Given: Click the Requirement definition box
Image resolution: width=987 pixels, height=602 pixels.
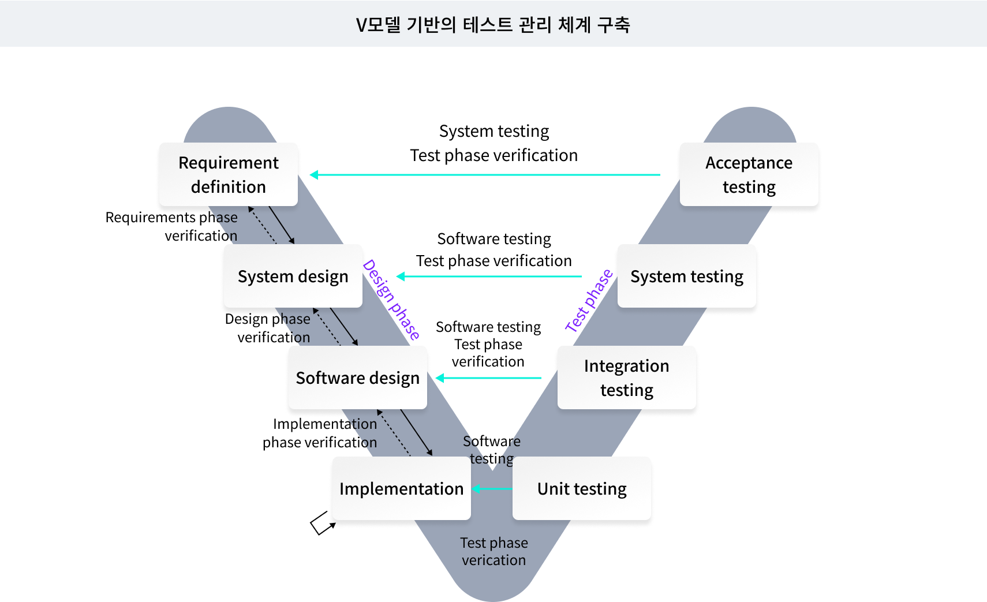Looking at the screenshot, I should pyautogui.click(x=229, y=174).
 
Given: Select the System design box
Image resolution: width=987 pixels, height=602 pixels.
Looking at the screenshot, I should pyautogui.click(x=293, y=276).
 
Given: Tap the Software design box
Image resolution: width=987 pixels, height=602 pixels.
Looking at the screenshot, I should pyautogui.click(x=358, y=377).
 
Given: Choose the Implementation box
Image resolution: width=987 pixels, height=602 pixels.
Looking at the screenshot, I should pyautogui.click(x=402, y=488).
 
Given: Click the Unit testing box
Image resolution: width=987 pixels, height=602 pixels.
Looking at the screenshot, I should pyautogui.click(x=582, y=488).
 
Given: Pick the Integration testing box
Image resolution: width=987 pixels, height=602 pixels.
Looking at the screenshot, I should pyautogui.click(x=627, y=377).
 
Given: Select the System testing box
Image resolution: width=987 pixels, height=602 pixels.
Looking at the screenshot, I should pyautogui.click(x=687, y=276).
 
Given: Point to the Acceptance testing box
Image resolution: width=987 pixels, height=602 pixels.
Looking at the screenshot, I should pyautogui.click(x=749, y=174).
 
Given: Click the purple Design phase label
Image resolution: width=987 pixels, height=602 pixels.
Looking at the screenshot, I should pyautogui.click(x=392, y=300).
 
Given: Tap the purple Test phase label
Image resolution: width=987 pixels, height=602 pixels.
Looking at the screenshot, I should pyautogui.click(x=589, y=301).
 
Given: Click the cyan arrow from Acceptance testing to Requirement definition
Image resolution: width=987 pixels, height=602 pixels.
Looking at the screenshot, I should pyautogui.click(x=485, y=174).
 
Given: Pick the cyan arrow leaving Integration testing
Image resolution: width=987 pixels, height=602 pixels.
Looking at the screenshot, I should pyautogui.click(x=488, y=378).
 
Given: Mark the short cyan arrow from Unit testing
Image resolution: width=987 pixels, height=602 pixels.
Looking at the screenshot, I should pyautogui.click(x=492, y=489).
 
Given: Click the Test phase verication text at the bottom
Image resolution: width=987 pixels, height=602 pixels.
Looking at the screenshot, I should pyautogui.click(x=494, y=551).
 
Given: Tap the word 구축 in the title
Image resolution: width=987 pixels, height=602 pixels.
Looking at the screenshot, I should pyautogui.click(x=614, y=25).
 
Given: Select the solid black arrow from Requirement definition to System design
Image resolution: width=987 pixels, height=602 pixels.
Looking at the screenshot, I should pyautogui.click(x=282, y=225).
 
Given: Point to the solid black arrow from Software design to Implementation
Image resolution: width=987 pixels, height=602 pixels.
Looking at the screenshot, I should pyautogui.click(x=416, y=432).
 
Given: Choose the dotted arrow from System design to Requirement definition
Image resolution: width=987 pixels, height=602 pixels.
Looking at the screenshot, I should pyautogui.click(x=263, y=225).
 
